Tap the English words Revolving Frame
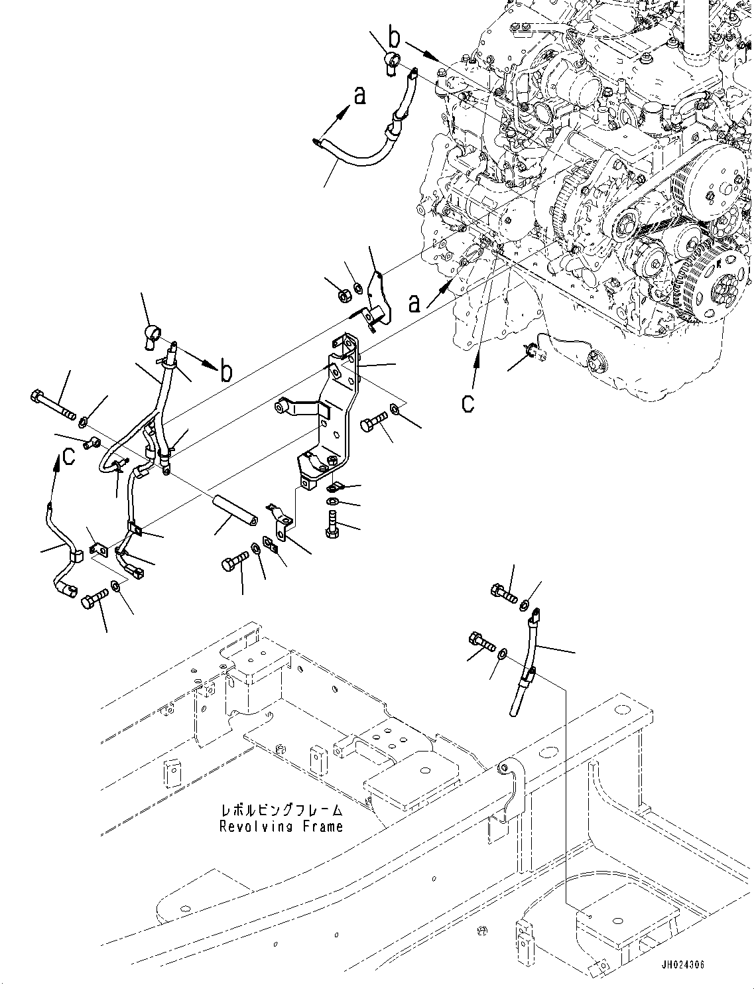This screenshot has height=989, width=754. [x=282, y=826]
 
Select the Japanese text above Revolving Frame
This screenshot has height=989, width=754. [x=282, y=811]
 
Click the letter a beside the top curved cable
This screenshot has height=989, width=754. [x=359, y=96]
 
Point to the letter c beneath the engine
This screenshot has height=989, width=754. [x=468, y=403]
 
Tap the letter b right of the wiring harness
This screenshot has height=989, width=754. [x=227, y=372]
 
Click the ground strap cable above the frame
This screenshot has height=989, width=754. [x=527, y=663]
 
